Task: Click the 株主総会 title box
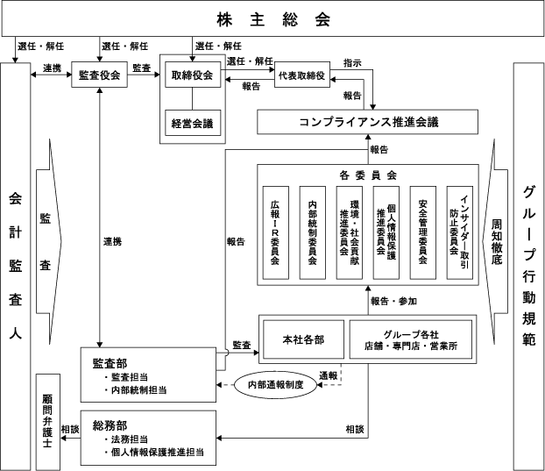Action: click(x=272, y=18)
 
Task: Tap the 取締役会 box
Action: click(x=192, y=76)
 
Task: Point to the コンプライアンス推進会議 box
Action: click(x=368, y=122)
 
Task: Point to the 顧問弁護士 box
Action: click(x=48, y=420)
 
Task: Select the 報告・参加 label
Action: click(x=393, y=301)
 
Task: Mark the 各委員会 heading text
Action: click(x=368, y=174)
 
